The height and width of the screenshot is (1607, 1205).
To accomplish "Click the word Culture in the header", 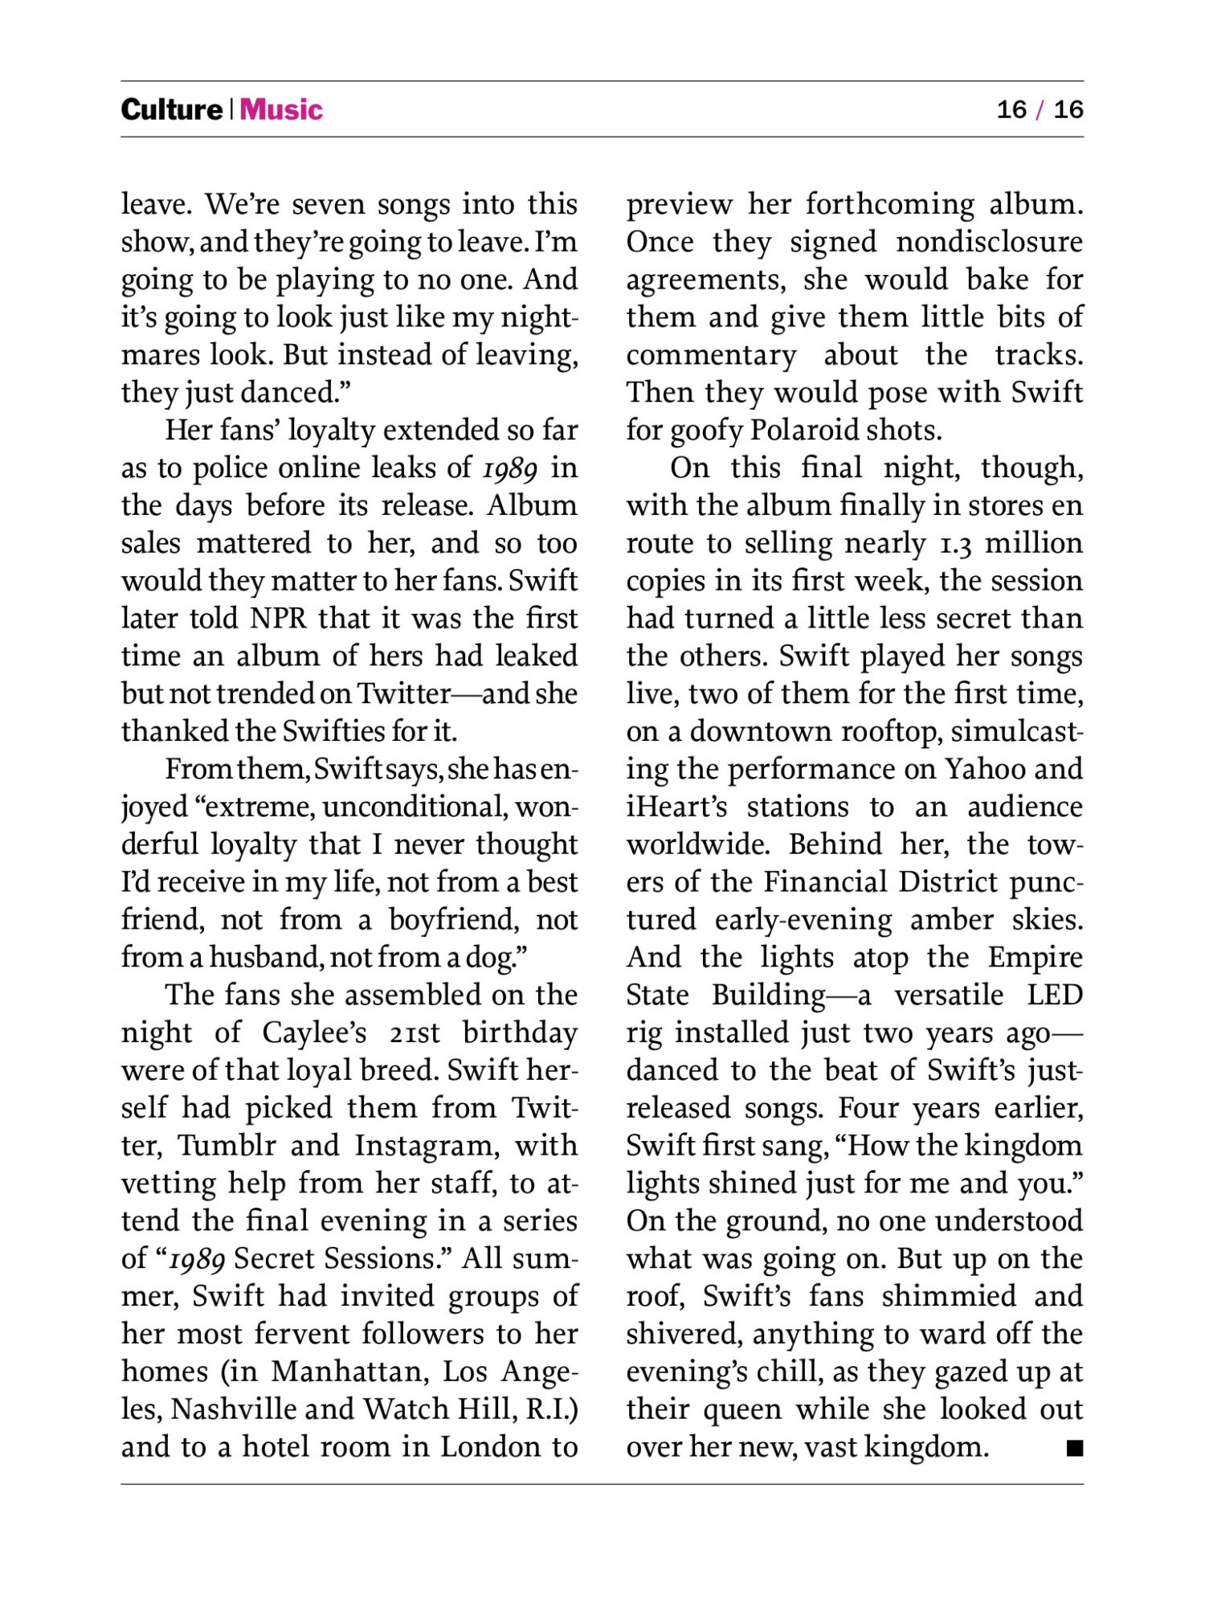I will coord(171,109).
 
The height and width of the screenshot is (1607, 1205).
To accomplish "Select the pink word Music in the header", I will coord(281,109).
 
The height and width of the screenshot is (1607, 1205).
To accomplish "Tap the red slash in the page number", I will coord(1040,109).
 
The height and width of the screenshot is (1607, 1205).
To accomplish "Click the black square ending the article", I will coord(1074,1448).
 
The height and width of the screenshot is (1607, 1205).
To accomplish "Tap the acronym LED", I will coord(1055,995).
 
